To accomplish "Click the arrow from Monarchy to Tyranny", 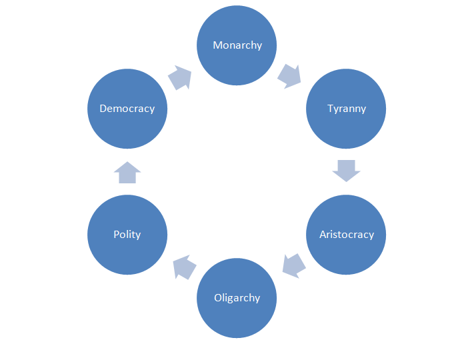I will click(290, 76).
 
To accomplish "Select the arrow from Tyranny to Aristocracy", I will click(346, 171).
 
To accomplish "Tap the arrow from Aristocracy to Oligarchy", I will click(293, 265).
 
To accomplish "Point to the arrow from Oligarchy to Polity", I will click(184, 267).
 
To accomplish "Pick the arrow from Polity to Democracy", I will click(127, 172).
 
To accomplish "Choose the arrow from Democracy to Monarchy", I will click(180, 77).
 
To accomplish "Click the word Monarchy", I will click(237, 45).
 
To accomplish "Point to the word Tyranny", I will click(346, 108).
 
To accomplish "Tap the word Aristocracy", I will click(346, 234).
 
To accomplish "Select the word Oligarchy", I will click(237, 297).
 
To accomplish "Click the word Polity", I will click(127, 234).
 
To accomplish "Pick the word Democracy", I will click(127, 108).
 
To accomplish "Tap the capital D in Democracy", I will click(103, 108).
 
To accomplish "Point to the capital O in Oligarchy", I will click(217, 297).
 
